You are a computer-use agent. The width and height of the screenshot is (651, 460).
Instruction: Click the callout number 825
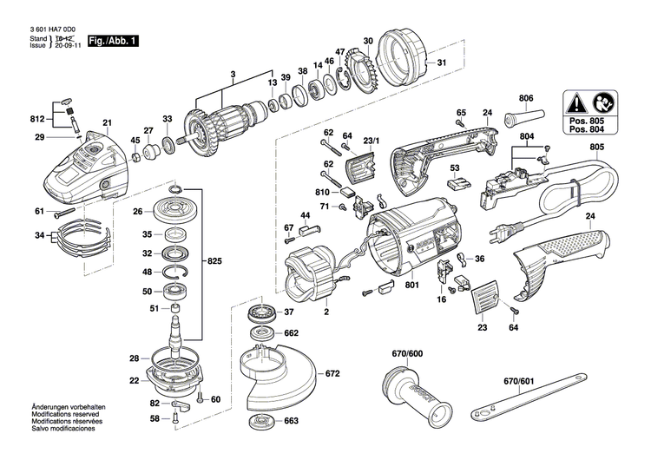[x=214, y=260]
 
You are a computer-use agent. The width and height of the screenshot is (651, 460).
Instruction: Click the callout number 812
[x=36, y=118]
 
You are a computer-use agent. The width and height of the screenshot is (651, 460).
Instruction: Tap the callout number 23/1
[x=371, y=139]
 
